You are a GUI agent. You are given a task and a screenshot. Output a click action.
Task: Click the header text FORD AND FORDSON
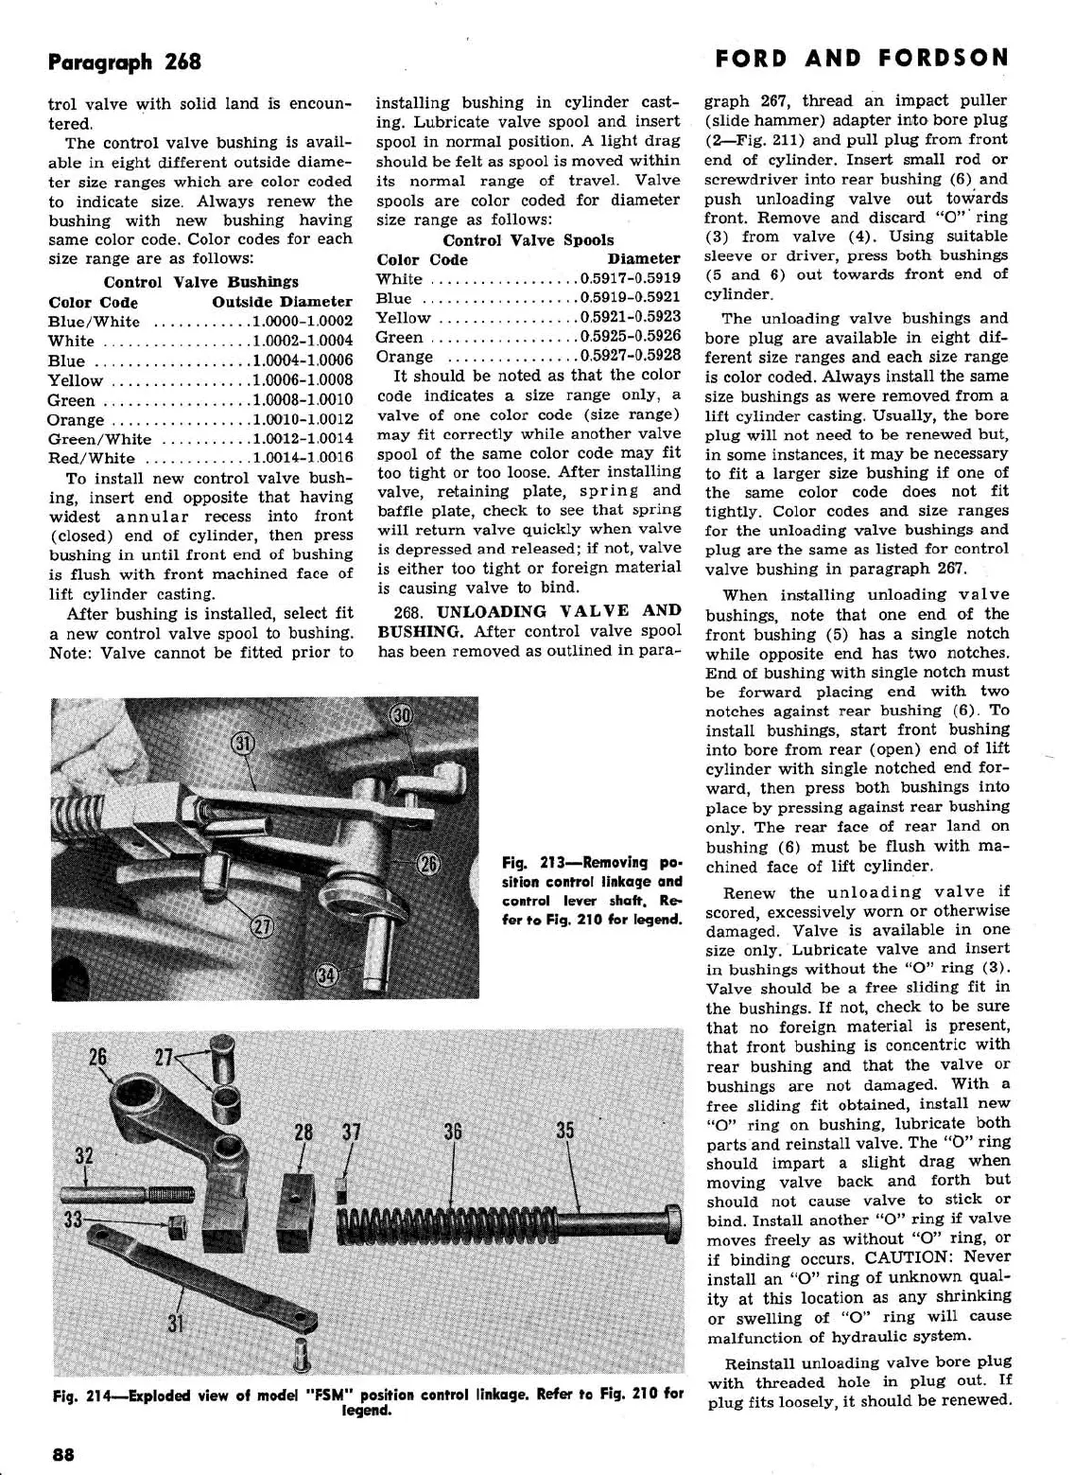(862, 59)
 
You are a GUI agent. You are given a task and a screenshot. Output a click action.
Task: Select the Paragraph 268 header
(124, 62)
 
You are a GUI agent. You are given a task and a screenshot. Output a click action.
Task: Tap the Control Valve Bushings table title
(200, 282)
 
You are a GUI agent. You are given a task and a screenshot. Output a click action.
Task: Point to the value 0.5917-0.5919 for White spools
(631, 279)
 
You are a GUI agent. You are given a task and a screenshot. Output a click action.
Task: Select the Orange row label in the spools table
(405, 357)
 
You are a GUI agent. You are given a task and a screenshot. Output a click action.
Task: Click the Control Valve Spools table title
(529, 240)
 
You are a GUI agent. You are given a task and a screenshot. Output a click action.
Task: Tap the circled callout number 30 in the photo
(403, 716)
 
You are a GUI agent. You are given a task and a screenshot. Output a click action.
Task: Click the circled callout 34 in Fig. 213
(327, 976)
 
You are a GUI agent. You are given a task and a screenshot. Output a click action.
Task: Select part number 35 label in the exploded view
(565, 1131)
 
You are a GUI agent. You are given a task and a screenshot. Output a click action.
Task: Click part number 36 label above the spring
(453, 1132)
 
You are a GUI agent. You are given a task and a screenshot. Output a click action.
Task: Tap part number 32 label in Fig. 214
(84, 1156)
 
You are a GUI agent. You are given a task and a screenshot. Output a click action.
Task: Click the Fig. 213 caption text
(592, 890)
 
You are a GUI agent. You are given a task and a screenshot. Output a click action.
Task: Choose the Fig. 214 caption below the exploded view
(369, 1401)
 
